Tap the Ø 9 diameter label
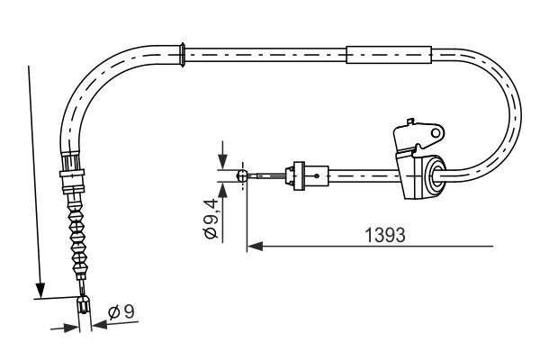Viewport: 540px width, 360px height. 121,312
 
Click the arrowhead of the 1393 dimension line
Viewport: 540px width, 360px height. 254,244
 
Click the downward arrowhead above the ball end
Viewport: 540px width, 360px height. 221,164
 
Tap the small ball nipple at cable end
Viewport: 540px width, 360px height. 241,176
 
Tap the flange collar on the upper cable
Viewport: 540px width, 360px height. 184,53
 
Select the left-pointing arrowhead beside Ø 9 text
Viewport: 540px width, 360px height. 97,326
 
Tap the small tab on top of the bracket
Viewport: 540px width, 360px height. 410,119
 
